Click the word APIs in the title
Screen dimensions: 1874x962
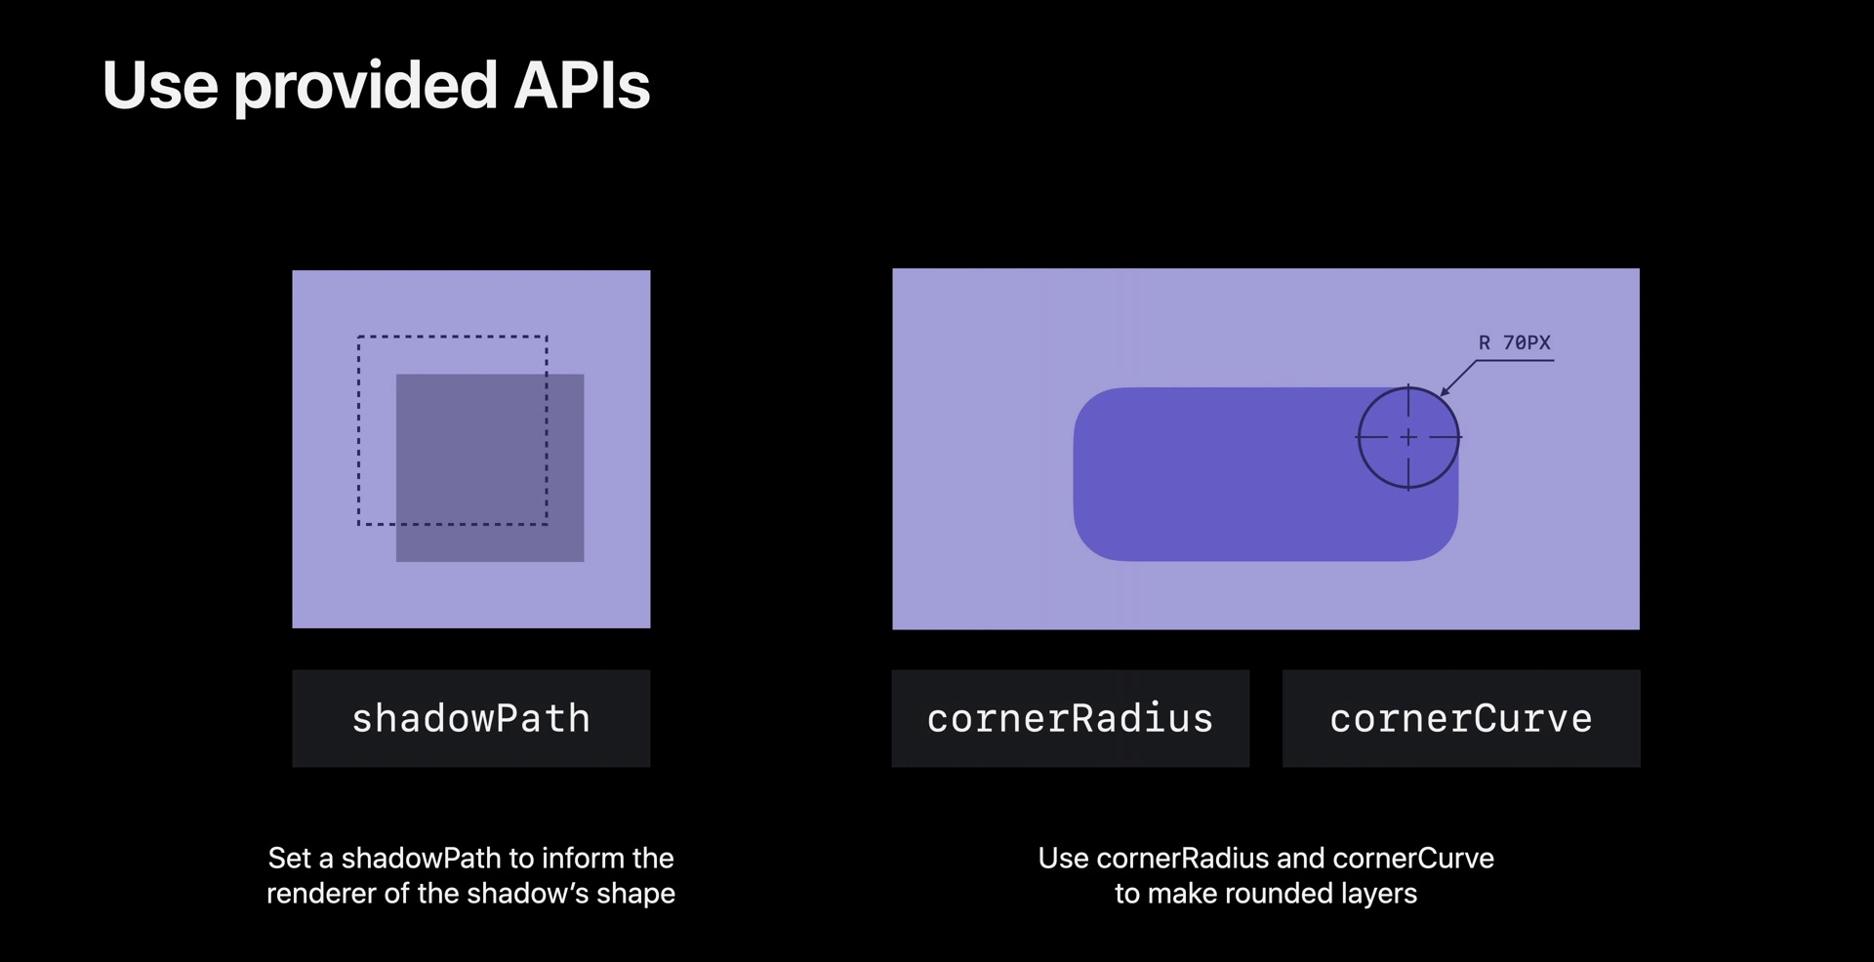(582, 85)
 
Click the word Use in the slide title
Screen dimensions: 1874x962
(160, 85)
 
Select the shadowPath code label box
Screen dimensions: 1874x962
(471, 718)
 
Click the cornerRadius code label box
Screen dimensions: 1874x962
(1071, 718)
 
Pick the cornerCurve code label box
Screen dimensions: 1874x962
(1461, 718)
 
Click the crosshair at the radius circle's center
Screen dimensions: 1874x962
(1408, 437)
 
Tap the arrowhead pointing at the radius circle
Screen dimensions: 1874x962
(1446, 390)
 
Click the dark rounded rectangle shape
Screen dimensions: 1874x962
(1266, 474)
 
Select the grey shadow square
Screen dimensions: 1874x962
(490, 468)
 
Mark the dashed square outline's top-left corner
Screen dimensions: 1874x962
(358, 337)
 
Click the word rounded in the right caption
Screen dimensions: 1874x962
(1278, 894)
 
